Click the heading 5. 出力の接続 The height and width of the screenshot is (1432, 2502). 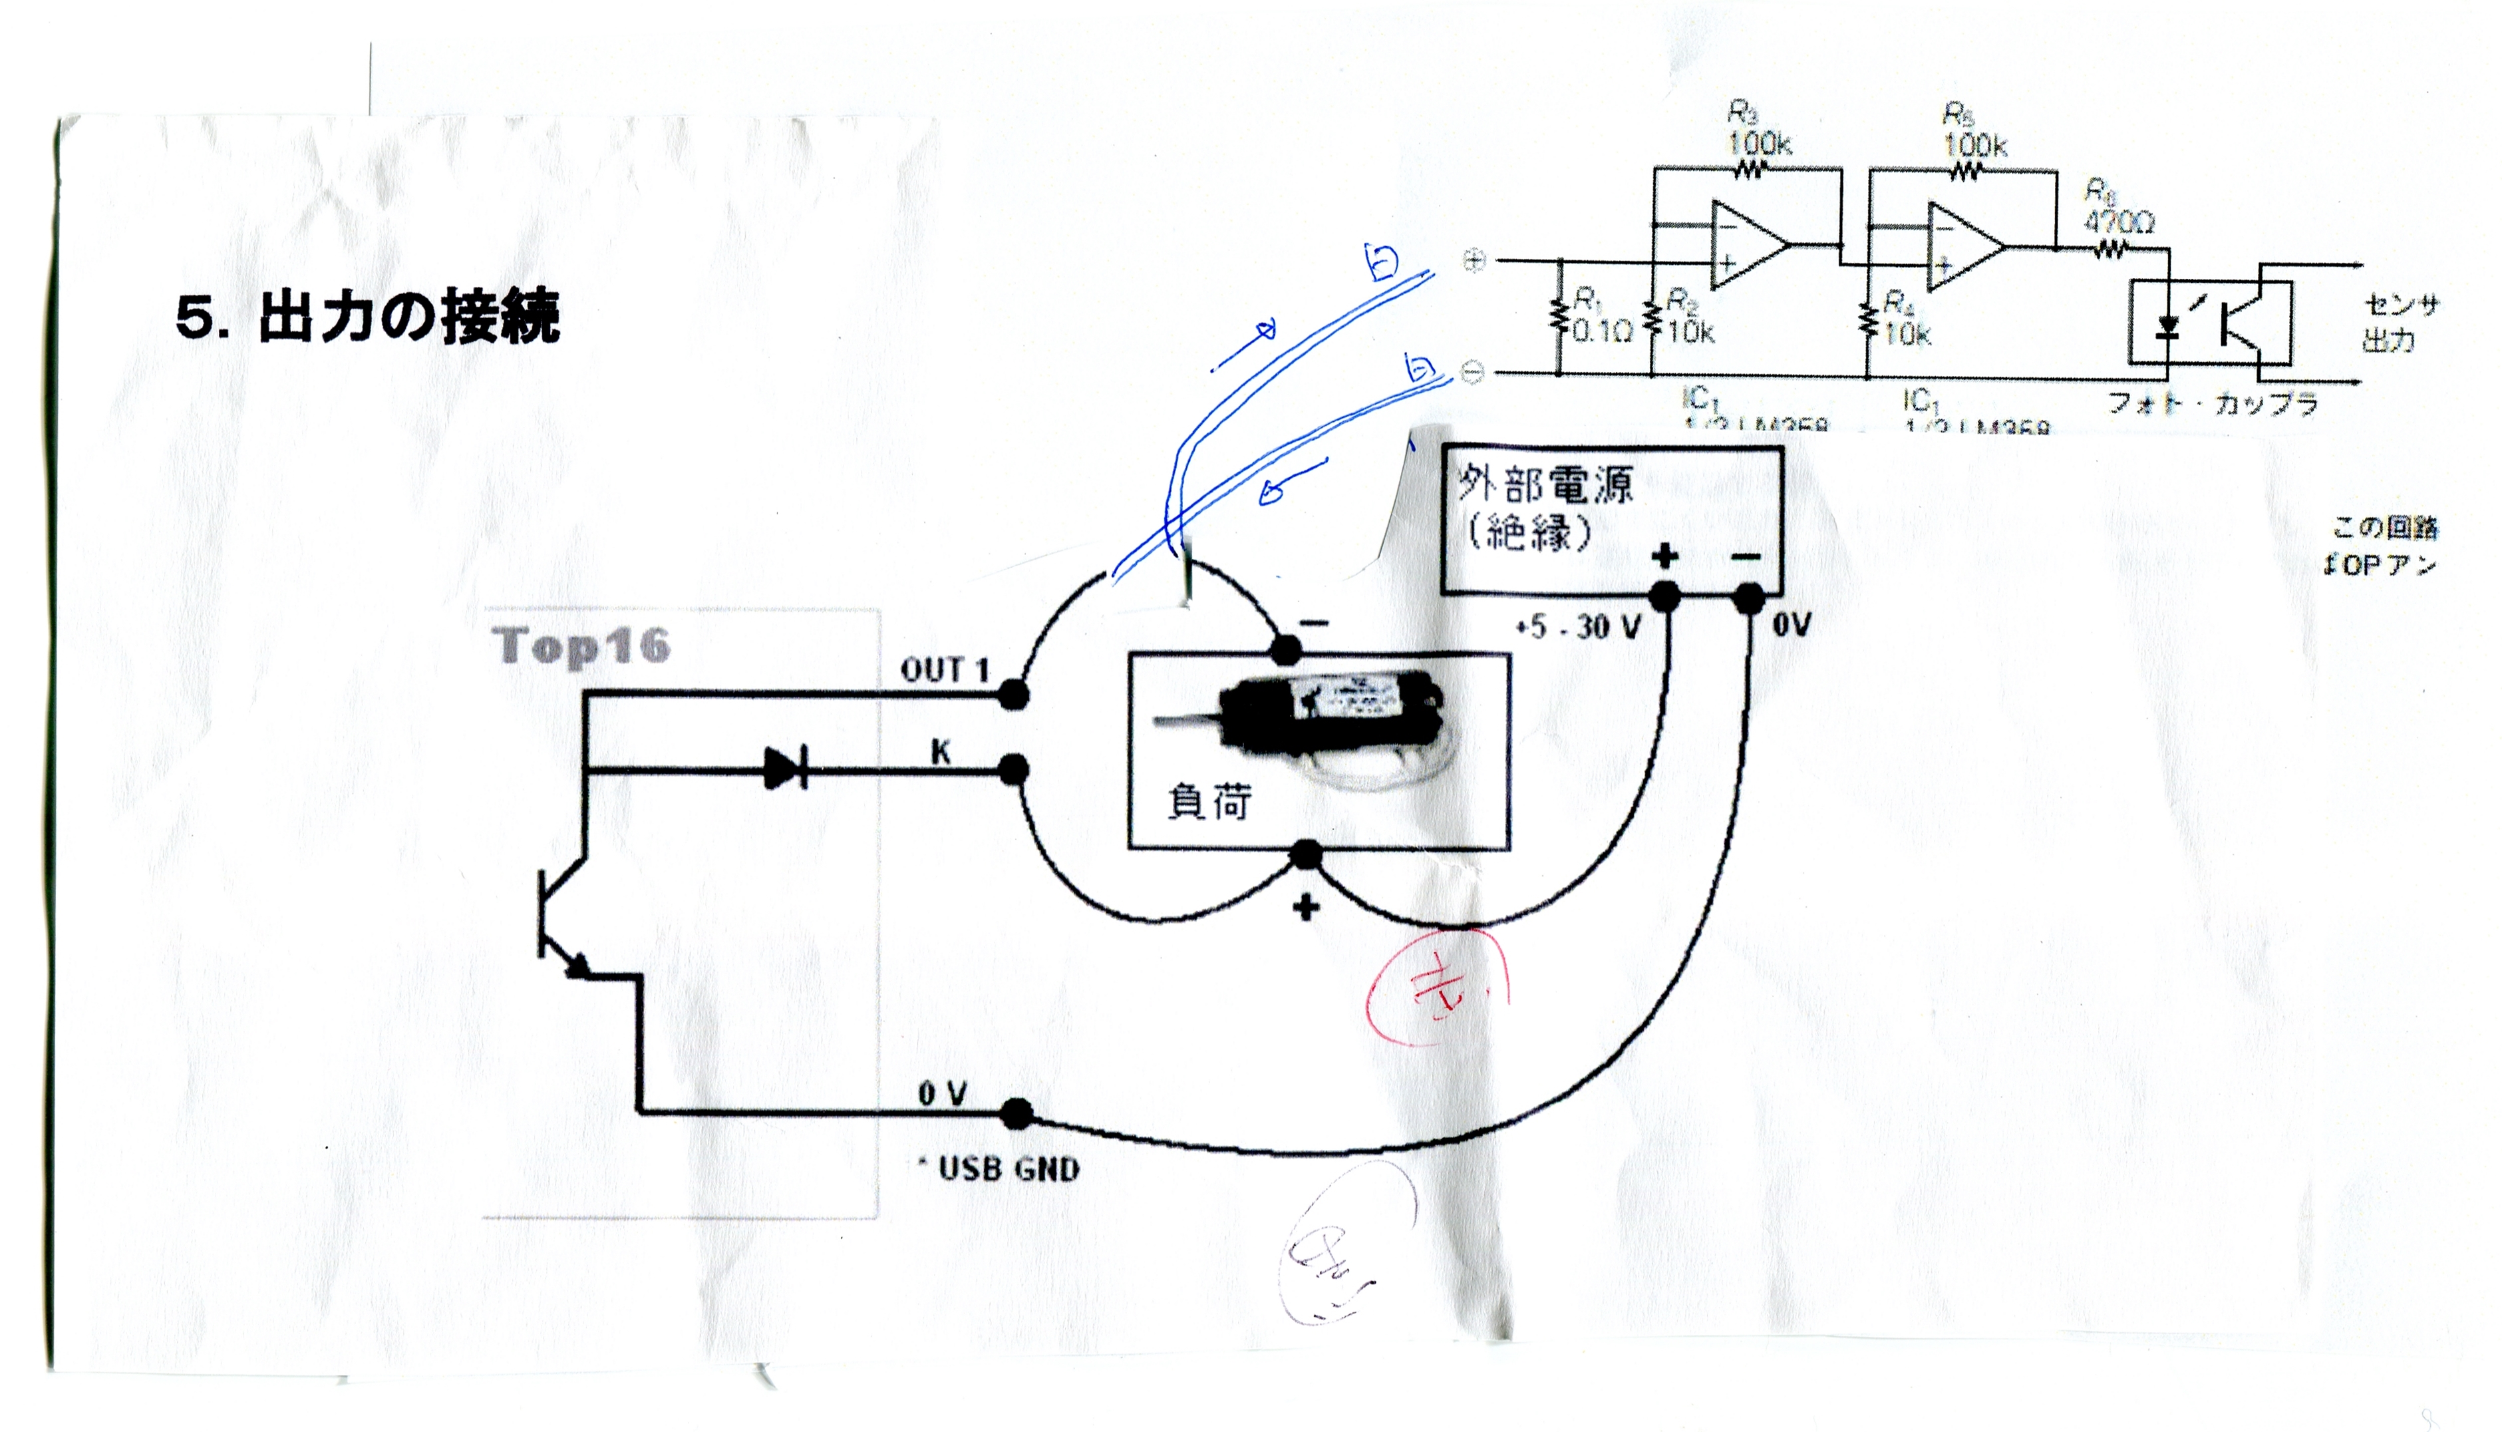tap(367, 317)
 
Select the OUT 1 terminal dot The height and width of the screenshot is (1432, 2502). tap(1014, 695)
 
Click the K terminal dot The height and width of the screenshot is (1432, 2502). tap(1014, 769)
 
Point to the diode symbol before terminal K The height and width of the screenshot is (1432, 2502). tap(786, 769)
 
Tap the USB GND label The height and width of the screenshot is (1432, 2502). tap(1008, 1169)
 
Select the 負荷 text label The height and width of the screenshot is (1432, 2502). tap(1209, 803)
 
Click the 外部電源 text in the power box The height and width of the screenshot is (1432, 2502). tap(1545, 485)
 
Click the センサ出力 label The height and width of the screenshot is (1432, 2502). tap(2400, 323)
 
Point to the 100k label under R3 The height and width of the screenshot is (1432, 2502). tap(1760, 144)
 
